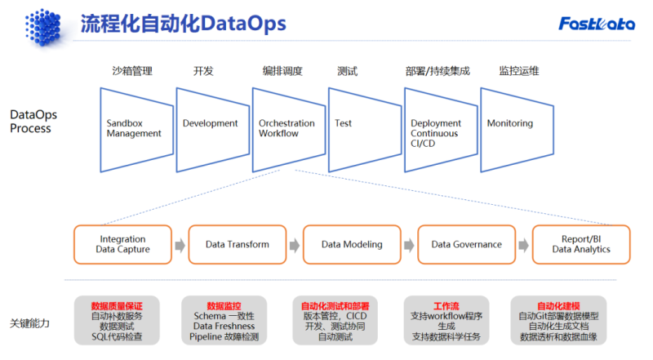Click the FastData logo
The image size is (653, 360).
597,24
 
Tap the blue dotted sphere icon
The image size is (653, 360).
43,27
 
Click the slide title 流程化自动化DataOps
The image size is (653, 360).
183,24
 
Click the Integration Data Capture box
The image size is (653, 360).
123,245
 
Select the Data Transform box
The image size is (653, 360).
238,245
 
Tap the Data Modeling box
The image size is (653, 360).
352,245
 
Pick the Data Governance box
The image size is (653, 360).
466,245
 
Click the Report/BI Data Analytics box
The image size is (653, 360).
581,245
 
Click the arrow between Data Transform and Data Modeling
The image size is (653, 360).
295,245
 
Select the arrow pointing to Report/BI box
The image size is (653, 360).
524,245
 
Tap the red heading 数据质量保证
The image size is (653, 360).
117,306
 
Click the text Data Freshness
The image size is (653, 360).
224,327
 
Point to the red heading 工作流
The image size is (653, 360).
446,306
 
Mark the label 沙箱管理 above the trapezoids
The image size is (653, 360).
132,71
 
